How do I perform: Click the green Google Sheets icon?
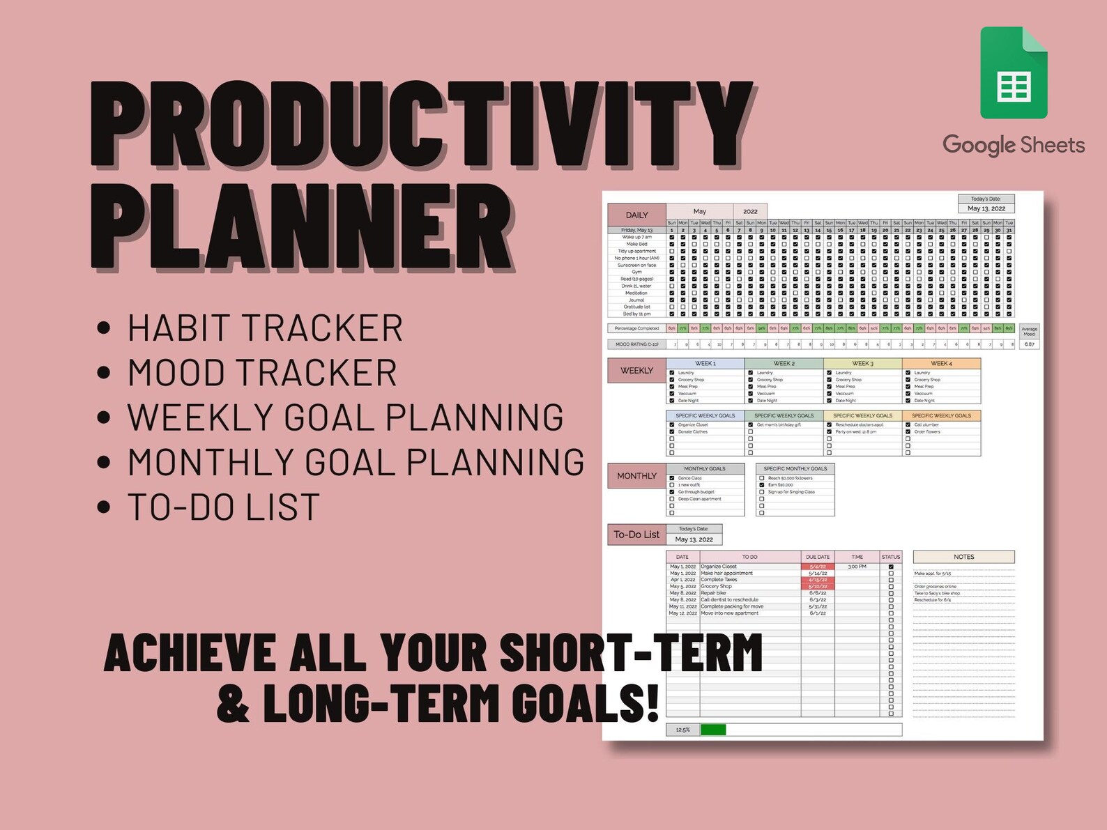click(x=1014, y=74)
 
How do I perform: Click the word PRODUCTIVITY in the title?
click(x=421, y=125)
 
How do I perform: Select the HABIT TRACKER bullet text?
click(x=265, y=328)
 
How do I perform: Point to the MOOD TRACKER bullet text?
click(x=262, y=373)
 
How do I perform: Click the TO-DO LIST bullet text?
click(x=223, y=507)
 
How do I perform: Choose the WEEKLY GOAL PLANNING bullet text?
click(x=345, y=417)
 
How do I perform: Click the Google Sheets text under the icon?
click(x=1014, y=145)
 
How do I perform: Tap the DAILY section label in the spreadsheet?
click(x=636, y=215)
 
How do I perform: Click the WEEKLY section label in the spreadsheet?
click(x=636, y=370)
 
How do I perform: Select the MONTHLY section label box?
click(x=636, y=476)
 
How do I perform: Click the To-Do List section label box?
click(x=636, y=535)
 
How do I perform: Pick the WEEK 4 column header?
click(x=941, y=364)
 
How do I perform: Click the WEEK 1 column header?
click(x=705, y=364)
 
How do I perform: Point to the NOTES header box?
click(x=963, y=557)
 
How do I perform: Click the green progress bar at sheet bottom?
click(x=713, y=730)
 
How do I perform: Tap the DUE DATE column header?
click(x=818, y=557)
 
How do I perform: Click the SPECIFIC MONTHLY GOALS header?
click(x=795, y=468)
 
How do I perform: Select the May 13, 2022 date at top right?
click(x=986, y=208)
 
